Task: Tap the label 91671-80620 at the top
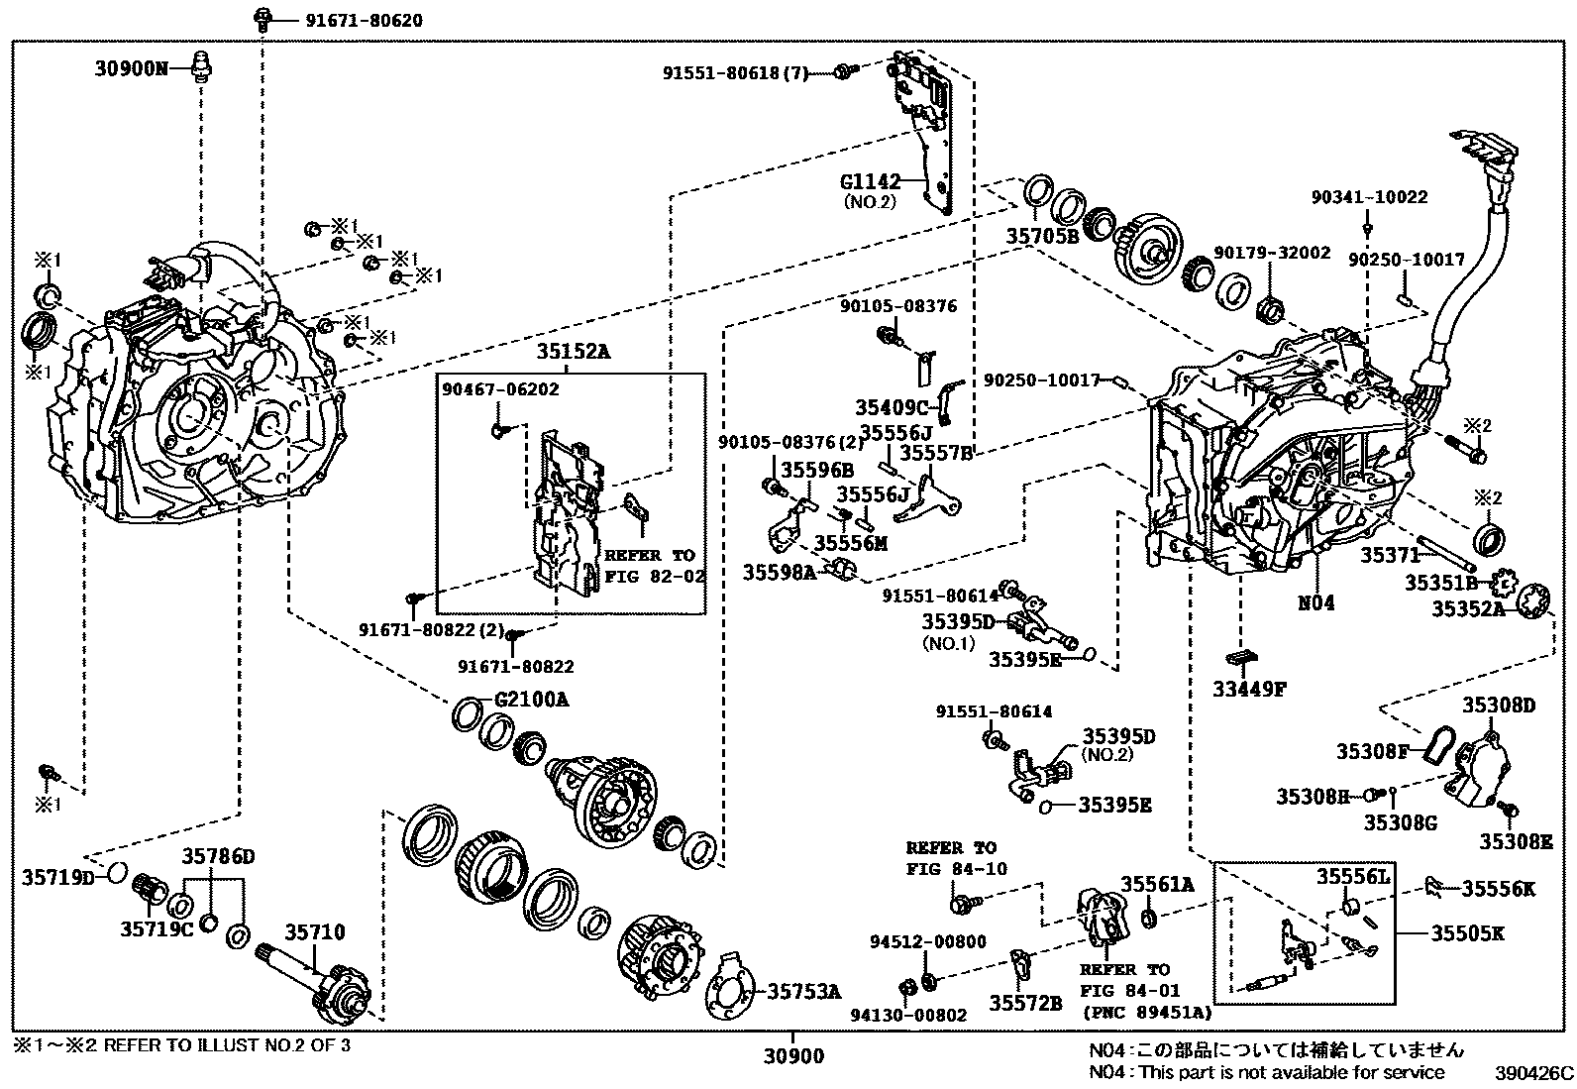[x=342, y=19]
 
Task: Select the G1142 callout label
[x=870, y=181]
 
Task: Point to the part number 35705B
[x=1042, y=237]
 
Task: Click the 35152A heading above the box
[x=574, y=352]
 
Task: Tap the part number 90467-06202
[x=500, y=389]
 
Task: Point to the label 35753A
[x=804, y=990]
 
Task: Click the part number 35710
[x=315, y=931]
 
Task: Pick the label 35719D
[x=57, y=877]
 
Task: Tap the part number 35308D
[x=1499, y=705]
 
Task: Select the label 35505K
[x=1467, y=932]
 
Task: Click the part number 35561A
[x=1157, y=883]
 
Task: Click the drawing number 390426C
[x=1533, y=1072]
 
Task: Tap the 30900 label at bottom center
[x=792, y=1056]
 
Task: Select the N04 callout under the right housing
[x=1316, y=601]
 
